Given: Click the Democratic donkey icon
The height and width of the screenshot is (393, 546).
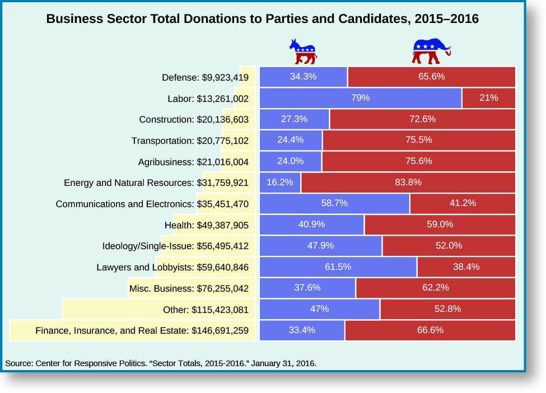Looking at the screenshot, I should coord(303,52).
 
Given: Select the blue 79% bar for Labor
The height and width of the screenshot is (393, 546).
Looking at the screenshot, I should coord(361,98).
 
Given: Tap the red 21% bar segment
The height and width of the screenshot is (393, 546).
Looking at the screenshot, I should coord(488,98).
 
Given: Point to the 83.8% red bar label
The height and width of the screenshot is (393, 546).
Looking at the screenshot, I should coord(408,182).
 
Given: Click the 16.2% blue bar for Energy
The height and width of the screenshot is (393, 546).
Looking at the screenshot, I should coord(281,182).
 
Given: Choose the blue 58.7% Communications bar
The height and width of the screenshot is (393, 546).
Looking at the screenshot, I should coord(335,203).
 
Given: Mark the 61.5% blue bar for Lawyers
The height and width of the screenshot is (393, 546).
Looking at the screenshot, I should coord(338,267).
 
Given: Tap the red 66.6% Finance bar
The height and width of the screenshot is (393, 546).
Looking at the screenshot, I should coord(430,330).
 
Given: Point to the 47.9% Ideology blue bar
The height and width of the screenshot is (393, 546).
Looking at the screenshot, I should coord(321,246).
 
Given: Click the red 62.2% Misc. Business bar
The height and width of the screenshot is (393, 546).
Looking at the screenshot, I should coord(435,288).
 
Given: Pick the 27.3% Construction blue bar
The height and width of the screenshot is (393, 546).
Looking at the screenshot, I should coord(295,119).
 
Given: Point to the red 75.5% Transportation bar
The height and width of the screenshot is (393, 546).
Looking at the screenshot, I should coord(418,140).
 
